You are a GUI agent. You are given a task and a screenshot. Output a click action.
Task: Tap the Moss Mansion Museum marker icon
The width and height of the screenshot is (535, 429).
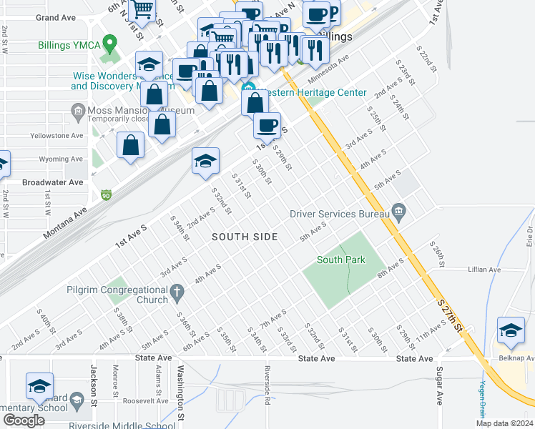point(78,111)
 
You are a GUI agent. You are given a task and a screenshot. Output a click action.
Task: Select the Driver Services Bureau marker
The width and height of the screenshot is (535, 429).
point(399,212)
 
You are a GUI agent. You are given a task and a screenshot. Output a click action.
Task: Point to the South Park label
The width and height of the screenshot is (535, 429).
point(340,260)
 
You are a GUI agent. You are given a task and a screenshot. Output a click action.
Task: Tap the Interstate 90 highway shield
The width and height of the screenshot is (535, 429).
point(107,194)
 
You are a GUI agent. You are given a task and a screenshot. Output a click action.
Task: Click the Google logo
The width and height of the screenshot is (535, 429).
point(24,420)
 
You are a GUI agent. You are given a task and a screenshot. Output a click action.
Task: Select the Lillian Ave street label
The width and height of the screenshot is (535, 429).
point(485,270)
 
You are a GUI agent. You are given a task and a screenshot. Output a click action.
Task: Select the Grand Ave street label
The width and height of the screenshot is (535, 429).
point(56,17)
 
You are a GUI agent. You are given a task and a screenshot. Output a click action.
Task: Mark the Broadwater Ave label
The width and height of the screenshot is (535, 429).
point(53,182)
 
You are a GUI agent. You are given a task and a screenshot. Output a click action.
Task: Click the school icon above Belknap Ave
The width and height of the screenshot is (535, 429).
point(511,330)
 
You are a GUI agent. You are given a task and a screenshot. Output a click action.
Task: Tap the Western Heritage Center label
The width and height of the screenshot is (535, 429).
point(312,93)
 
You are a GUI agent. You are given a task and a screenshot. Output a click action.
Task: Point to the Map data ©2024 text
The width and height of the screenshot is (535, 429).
point(501,423)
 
